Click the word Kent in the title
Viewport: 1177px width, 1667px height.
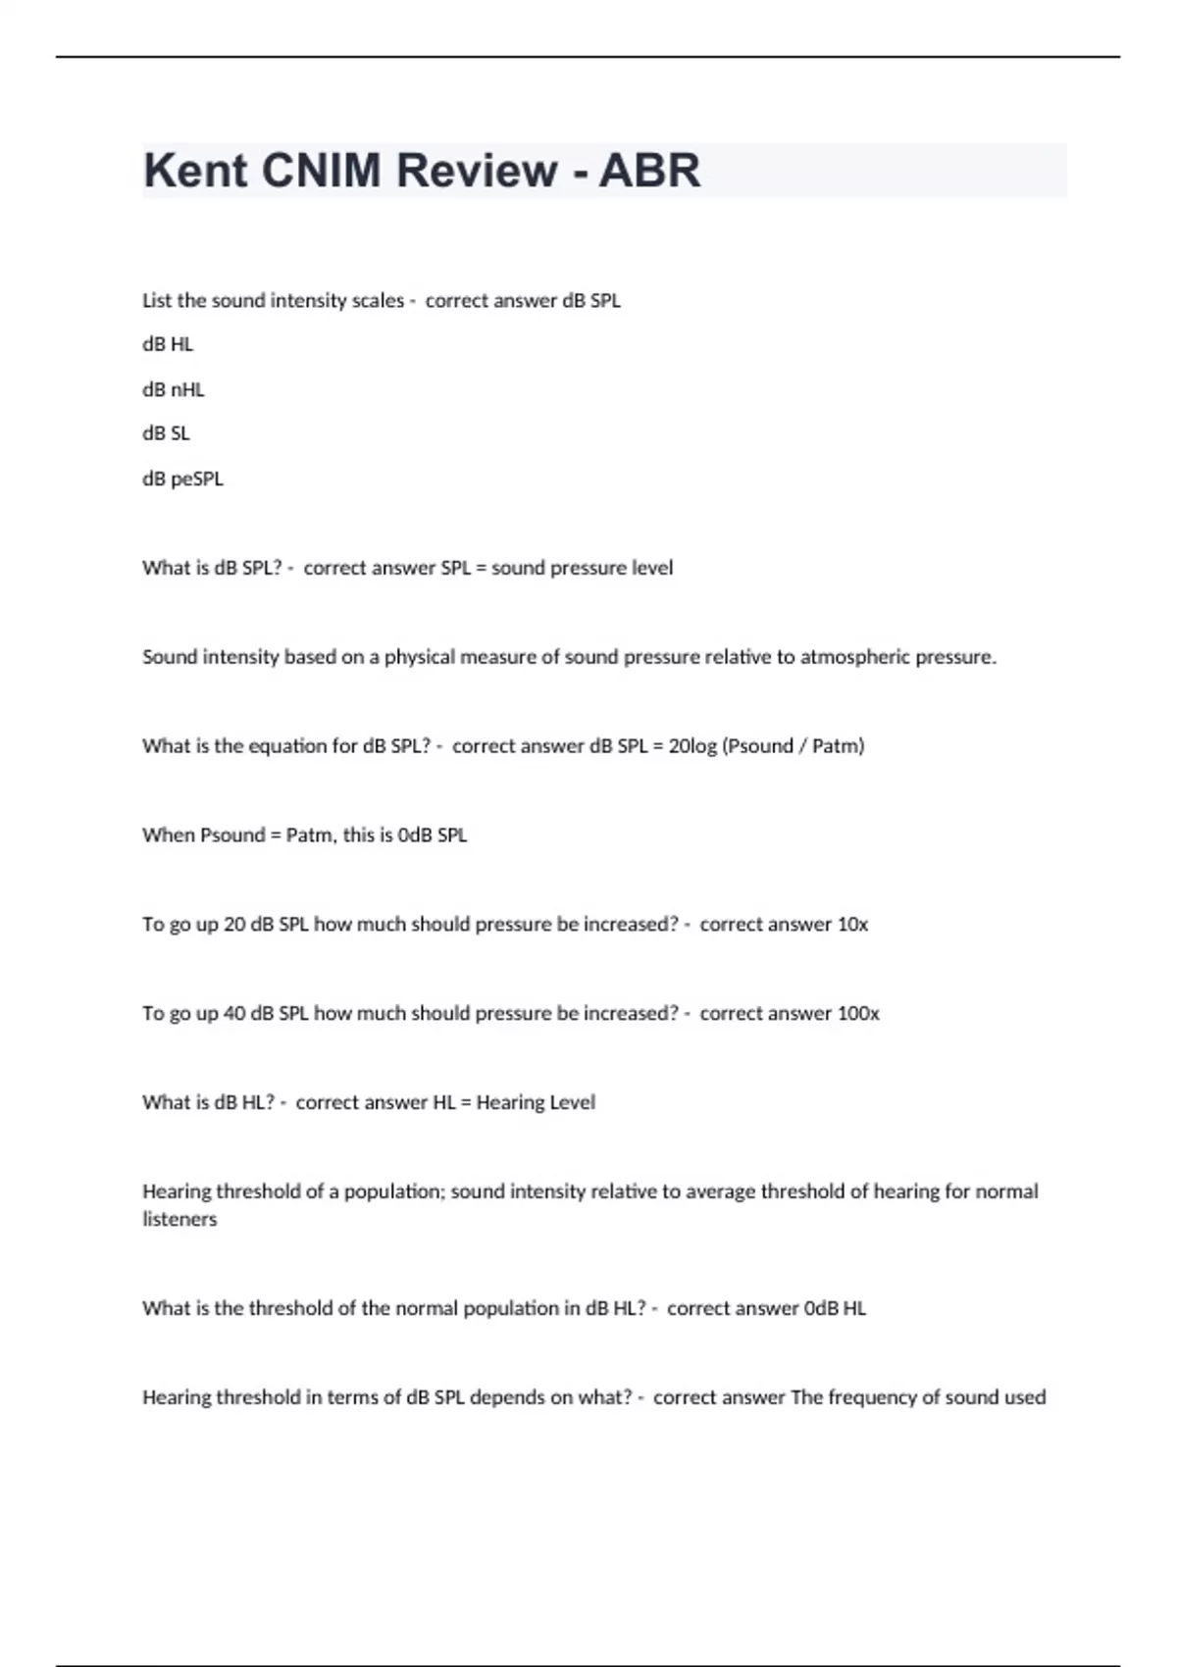(195, 171)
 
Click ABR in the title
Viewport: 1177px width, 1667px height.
(649, 171)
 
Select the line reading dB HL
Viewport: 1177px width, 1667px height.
(168, 344)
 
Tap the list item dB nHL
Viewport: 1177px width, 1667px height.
(174, 389)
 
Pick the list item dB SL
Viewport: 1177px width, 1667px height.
(166, 433)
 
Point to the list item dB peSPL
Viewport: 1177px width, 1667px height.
(182, 479)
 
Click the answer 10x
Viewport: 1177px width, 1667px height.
(852, 925)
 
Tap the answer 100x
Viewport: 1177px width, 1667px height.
(858, 1014)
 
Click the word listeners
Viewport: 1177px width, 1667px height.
(179, 1219)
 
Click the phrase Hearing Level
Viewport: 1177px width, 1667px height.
(536, 1102)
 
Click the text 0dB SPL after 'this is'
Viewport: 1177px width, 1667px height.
(433, 835)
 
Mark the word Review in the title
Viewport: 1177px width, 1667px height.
(477, 171)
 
